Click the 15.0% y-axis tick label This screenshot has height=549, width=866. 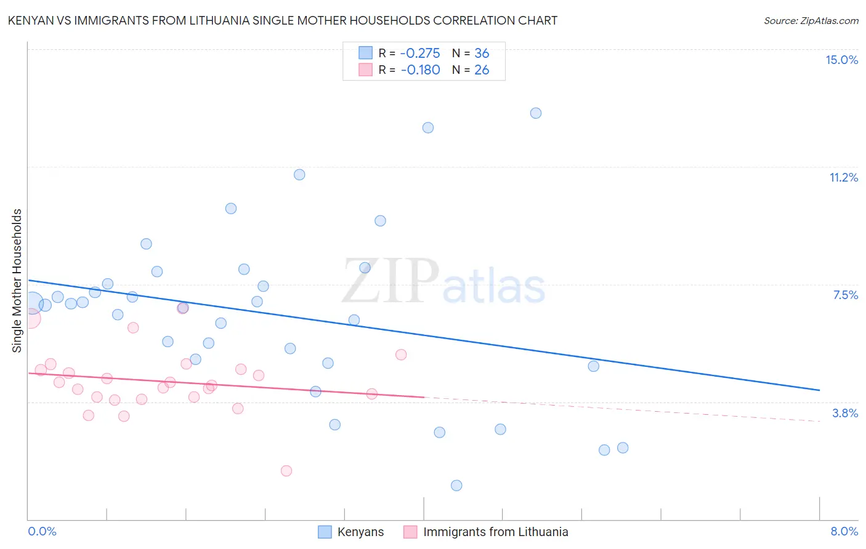(841, 60)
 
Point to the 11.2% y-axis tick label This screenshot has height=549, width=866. (843, 177)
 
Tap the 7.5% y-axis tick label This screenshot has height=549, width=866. (845, 295)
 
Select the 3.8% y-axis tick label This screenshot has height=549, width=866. (845, 413)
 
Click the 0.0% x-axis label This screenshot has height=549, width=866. (42, 531)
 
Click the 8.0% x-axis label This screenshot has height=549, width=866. (844, 531)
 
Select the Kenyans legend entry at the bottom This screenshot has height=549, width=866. (360, 532)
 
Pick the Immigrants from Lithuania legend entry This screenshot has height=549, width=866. (495, 532)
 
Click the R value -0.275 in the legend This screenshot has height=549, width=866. (420, 53)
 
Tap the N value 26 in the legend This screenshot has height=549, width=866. (482, 70)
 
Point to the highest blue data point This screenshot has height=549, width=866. (536, 113)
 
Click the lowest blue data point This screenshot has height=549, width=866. (456, 486)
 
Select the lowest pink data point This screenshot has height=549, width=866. (286, 471)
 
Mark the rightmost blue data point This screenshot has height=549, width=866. (623, 447)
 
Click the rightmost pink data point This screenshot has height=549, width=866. (401, 355)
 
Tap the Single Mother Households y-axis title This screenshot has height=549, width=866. (17, 281)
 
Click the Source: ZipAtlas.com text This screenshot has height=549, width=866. (811, 21)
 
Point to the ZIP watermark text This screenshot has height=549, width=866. (391, 282)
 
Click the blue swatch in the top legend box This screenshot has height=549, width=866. (366, 53)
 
